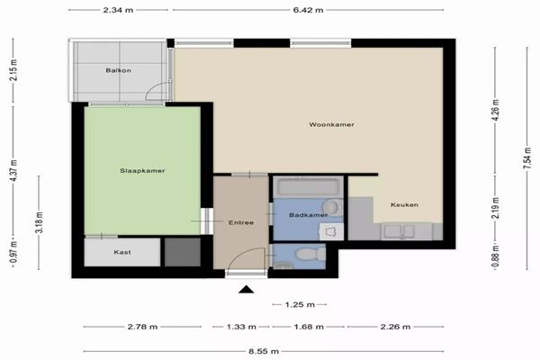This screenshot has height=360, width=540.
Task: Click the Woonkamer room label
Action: (331, 124)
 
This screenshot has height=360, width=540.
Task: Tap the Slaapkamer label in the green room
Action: (142, 170)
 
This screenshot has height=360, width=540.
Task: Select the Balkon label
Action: (118, 70)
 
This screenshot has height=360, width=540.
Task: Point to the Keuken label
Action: (404, 204)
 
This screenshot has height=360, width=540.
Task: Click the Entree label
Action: (241, 222)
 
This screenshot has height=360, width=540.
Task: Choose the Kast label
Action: (122, 252)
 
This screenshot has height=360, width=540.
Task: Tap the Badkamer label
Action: (308, 215)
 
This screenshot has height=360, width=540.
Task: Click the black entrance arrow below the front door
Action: (247, 290)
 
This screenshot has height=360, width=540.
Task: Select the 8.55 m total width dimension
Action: (264, 351)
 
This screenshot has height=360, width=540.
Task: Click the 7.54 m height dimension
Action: (526, 158)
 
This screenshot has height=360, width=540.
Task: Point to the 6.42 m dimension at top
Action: (308, 10)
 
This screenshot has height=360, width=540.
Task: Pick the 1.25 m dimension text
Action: (300, 304)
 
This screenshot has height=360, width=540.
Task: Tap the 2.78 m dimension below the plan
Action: (142, 327)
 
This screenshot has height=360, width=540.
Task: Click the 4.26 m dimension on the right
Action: (496, 110)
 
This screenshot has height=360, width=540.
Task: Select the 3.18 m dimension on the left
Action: (39, 222)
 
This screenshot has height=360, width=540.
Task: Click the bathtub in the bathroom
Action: (308, 187)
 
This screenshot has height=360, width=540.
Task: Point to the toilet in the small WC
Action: (310, 255)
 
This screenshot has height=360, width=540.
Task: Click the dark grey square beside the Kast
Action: (183, 252)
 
